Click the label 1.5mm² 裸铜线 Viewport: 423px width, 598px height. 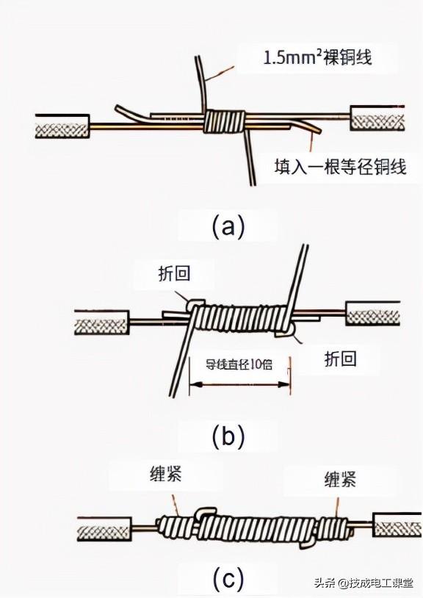[317, 57]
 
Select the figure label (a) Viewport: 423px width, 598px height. [228, 226]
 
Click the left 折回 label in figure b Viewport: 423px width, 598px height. [174, 274]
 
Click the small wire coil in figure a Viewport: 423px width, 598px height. [225, 121]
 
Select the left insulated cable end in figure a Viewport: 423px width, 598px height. [62, 126]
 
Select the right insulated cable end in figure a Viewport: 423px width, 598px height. [378, 120]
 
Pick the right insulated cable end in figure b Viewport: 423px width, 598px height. [373, 314]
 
